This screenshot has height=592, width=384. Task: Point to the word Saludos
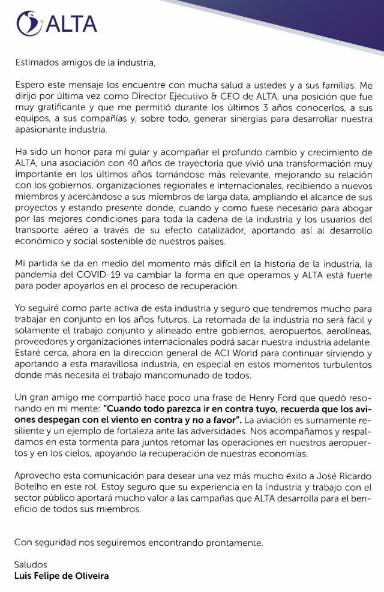[x=31, y=565]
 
